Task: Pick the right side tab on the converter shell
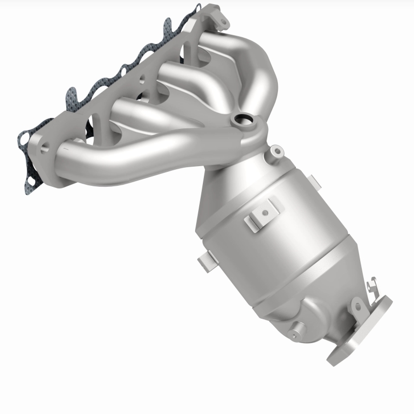point(314,181)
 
